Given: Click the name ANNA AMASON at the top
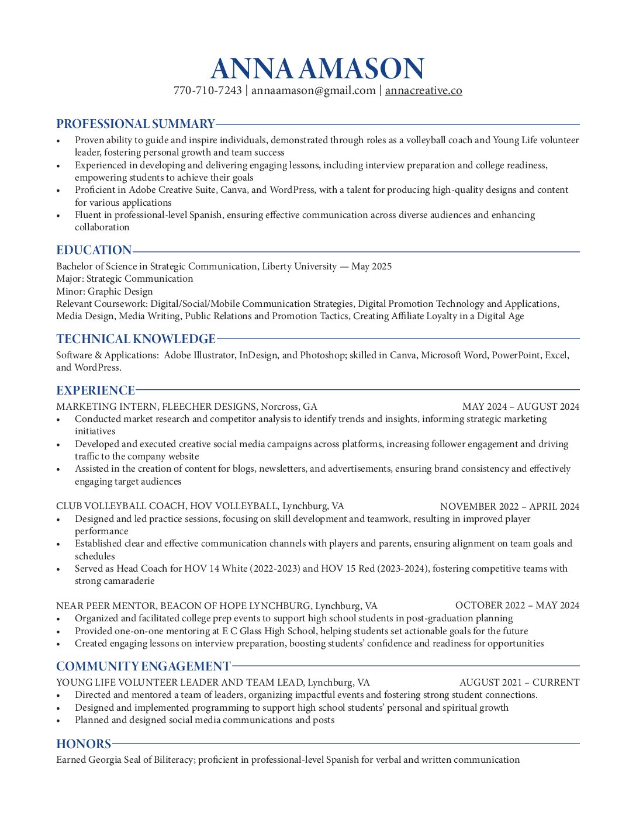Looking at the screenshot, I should [x=317, y=69].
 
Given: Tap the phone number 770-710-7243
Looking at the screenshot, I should [x=208, y=91].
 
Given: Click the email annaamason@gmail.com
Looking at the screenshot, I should [x=313, y=91].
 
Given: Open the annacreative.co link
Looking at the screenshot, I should [x=423, y=91].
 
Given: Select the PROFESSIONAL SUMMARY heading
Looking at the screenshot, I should [x=136, y=124].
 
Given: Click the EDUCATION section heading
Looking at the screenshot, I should [x=94, y=250].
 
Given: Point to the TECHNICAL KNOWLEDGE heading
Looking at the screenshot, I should [x=136, y=339].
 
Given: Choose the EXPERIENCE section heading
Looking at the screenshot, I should [x=95, y=390].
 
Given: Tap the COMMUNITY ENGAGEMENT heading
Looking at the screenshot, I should [x=143, y=666].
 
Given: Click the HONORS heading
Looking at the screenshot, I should [x=84, y=744].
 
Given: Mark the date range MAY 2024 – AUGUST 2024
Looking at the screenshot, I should [x=520, y=407].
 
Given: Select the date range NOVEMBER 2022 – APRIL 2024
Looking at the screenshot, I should [x=509, y=507].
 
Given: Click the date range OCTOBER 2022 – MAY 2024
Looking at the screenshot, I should [x=517, y=606].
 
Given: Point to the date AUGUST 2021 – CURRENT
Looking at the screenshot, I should [x=519, y=683].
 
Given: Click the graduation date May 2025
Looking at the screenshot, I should [x=372, y=267].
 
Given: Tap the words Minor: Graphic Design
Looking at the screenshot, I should [x=105, y=292].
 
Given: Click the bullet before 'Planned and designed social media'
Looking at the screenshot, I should [x=58, y=721].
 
